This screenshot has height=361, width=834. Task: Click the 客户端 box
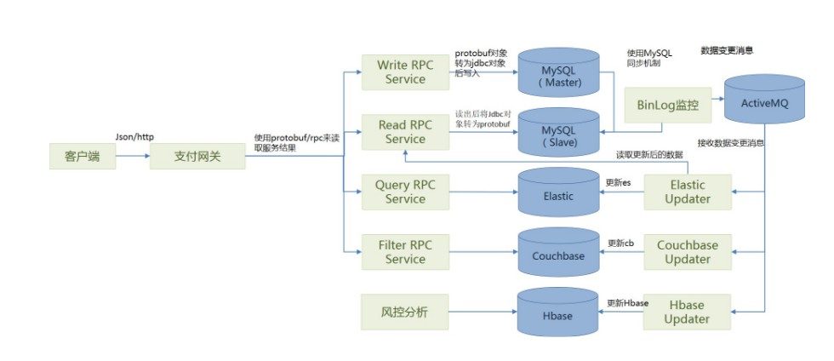click(83, 157)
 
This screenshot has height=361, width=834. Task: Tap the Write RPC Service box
click(405, 72)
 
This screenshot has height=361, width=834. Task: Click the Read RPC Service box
click(405, 132)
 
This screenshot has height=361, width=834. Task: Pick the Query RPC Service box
click(405, 192)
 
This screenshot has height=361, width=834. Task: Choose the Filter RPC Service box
click(405, 252)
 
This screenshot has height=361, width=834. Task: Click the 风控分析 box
click(405, 312)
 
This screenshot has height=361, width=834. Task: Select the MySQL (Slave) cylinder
click(560, 134)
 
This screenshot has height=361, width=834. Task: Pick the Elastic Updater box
click(687, 192)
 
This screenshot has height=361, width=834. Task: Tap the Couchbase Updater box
click(687, 252)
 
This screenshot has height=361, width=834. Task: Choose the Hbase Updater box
click(687, 312)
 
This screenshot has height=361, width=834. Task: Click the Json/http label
click(134, 136)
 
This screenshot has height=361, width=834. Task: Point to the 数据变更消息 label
click(726, 51)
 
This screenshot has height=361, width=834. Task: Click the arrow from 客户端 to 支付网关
click(132, 157)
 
